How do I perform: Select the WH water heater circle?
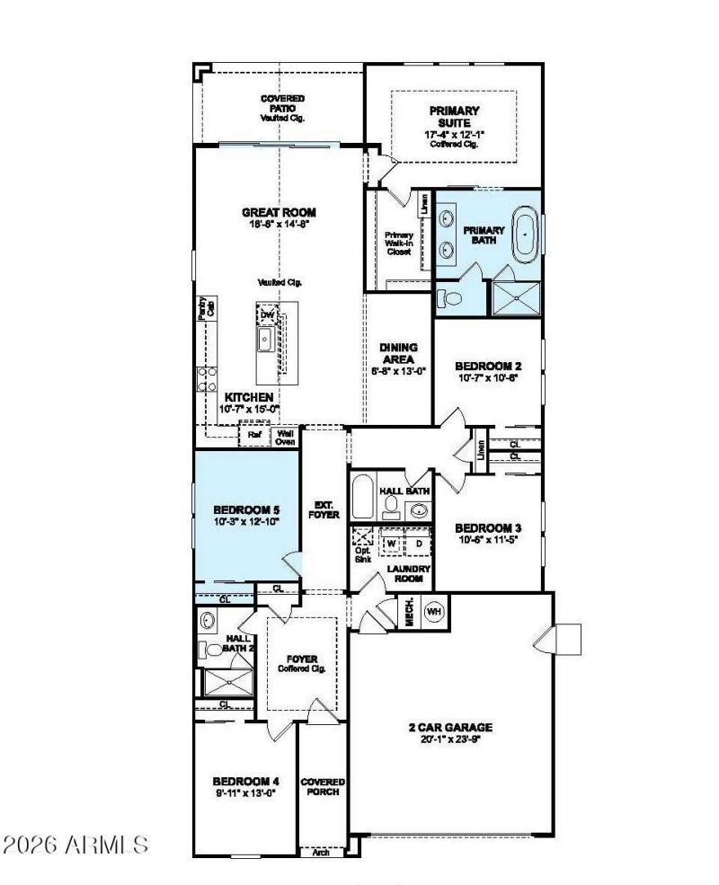point(434,610)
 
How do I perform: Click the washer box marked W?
point(392,544)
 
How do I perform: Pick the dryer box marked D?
point(418,544)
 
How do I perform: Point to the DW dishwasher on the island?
point(267,314)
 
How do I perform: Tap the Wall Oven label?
point(285,437)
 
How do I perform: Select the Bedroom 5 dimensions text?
point(247,520)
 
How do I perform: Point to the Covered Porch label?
point(323,787)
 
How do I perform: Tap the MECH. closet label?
point(407,611)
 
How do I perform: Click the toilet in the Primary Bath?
point(450,297)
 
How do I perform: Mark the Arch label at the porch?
point(321,852)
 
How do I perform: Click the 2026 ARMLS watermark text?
point(75,845)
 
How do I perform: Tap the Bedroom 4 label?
point(246,781)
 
